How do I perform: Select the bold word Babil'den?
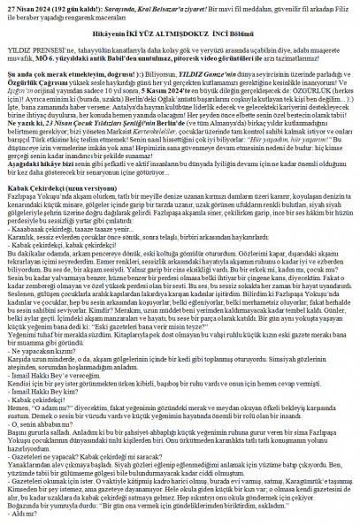pyautogui.click(x=155, y=65)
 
